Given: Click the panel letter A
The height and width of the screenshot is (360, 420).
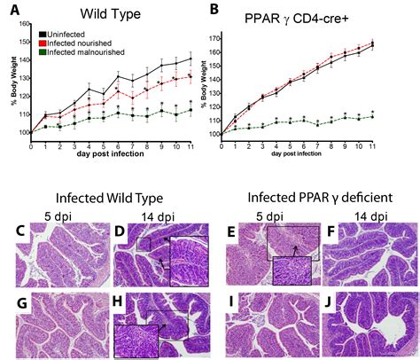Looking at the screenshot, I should [x=10, y=10].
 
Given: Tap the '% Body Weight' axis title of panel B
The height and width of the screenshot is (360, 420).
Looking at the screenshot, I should [x=218, y=88].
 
